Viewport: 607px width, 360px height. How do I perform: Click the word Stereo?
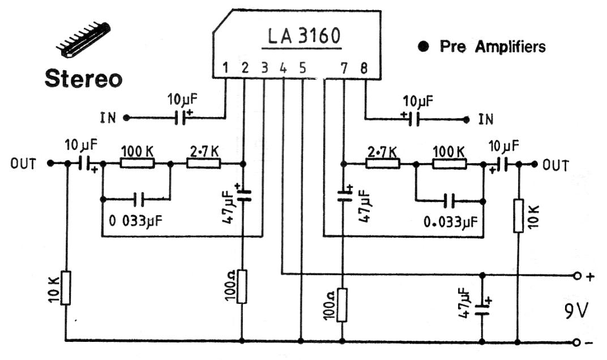pyautogui.click(x=83, y=78)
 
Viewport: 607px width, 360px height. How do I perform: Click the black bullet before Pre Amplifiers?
pyautogui.click(x=423, y=47)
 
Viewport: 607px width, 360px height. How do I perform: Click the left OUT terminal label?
pyautogui.click(x=23, y=164)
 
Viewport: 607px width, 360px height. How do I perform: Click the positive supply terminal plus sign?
pyautogui.click(x=591, y=277)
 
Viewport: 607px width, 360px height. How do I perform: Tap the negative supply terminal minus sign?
pyautogui.click(x=591, y=342)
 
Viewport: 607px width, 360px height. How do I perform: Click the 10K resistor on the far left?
pyautogui.click(x=66, y=288)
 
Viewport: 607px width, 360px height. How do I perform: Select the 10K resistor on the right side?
pyautogui.click(x=518, y=215)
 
